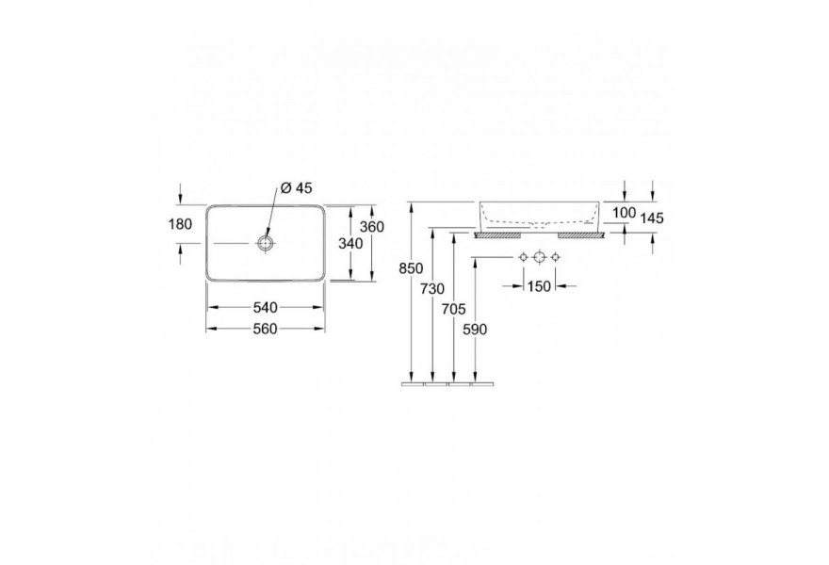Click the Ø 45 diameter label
click(x=297, y=187)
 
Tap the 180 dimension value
click(x=180, y=224)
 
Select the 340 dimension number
click(x=351, y=244)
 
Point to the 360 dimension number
click(x=372, y=227)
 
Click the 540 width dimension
click(x=266, y=307)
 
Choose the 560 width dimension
click(x=266, y=329)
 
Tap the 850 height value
click(x=412, y=268)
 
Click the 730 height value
click(x=432, y=289)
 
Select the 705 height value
click(x=454, y=309)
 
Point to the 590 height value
click(x=475, y=330)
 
